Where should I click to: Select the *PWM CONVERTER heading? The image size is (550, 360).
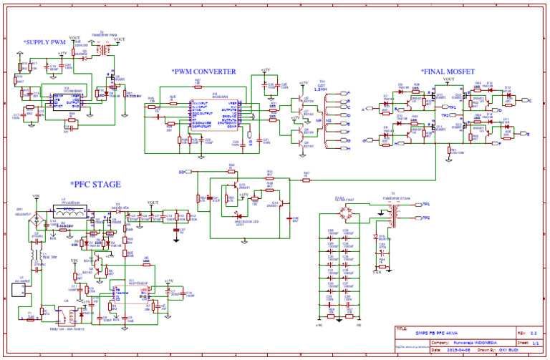tap(203, 72)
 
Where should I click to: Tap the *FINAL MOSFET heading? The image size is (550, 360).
tap(453, 72)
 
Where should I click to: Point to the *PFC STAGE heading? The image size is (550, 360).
tap(100, 185)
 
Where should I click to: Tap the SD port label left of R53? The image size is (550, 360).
tap(181, 172)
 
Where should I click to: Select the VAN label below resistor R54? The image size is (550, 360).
tap(377, 272)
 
